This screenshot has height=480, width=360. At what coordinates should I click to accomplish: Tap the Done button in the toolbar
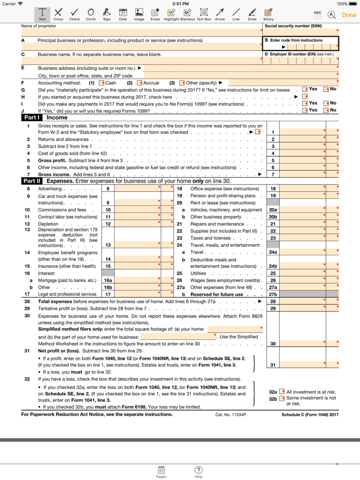coord(349,15)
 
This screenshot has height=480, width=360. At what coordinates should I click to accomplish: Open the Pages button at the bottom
coord(161,472)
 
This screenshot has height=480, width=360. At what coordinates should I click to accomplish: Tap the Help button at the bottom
coord(199,472)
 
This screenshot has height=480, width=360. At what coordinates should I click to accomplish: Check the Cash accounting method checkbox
coord(102,83)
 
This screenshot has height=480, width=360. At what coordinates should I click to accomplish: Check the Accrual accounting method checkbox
coord(139,83)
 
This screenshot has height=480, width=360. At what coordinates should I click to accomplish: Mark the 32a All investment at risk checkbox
coord(282,392)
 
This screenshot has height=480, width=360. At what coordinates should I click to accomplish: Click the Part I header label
coord(31,118)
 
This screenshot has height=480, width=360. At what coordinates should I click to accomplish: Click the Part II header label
coord(32,181)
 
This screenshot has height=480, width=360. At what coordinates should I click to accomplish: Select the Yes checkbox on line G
coord(305,89)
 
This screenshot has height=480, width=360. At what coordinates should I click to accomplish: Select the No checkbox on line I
coord(326,103)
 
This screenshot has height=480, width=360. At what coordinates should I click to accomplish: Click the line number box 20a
coord(273,210)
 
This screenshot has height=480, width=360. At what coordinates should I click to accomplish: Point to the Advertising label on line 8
coord(50,189)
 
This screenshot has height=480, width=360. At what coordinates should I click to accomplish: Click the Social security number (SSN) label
coord(293,26)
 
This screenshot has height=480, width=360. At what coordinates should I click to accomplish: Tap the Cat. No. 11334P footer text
coord(230,415)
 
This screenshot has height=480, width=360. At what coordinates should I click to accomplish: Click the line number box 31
coord(273,365)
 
